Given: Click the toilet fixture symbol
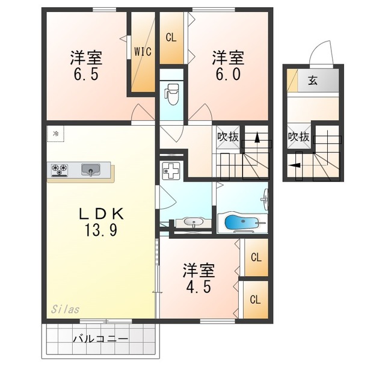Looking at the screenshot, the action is [x=171, y=94].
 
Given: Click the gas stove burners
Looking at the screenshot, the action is [x=60, y=170].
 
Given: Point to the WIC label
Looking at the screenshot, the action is [x=143, y=52].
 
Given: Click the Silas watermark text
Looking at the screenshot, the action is [x=65, y=309].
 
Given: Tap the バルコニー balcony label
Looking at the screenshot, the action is [x=100, y=339].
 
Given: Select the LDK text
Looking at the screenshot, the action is [x=101, y=214].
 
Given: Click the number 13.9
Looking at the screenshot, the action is [x=101, y=230].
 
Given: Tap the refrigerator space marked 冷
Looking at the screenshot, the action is [x=56, y=134].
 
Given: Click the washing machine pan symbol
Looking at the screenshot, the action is [x=171, y=170].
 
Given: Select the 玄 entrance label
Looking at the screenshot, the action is [x=313, y=80].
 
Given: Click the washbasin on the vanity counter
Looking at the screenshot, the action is [x=193, y=222].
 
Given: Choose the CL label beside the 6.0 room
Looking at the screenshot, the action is [x=171, y=37].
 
